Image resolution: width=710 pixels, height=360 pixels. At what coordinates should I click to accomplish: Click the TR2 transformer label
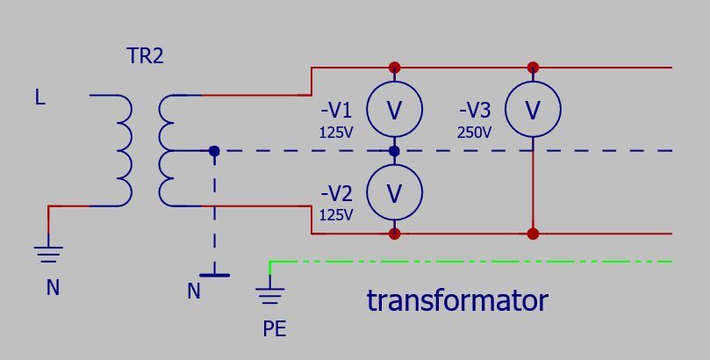pos(146,56)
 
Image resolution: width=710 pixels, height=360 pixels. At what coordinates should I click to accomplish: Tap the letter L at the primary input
pos(39,97)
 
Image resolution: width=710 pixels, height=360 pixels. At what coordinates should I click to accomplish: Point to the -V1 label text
pos(336,111)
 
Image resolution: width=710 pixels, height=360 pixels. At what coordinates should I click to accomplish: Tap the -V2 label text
pos(336,194)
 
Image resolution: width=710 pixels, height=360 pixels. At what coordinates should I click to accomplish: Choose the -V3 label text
pos(475,111)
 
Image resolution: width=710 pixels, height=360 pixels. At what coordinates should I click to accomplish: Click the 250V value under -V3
pos(475,133)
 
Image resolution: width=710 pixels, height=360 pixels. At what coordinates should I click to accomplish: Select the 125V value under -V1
pos(336,133)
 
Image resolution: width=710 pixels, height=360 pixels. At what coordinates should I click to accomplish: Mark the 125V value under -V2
pos(336,215)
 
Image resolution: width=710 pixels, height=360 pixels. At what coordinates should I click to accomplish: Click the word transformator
pos(457,300)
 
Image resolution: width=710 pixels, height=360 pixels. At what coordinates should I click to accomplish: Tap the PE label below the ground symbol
pos(275,329)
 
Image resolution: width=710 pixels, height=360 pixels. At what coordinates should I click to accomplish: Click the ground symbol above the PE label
pos(270,292)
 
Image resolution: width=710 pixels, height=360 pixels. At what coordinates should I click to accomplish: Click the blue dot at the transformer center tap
pos(214,151)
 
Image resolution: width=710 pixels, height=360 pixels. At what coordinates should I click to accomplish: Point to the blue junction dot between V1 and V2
pos(394,151)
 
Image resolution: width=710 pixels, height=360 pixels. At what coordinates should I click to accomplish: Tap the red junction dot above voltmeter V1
pos(394,68)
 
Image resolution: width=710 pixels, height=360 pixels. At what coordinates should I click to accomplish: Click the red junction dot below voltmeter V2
pos(394,234)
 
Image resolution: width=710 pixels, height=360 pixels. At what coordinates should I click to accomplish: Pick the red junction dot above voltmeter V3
pos(533,68)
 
